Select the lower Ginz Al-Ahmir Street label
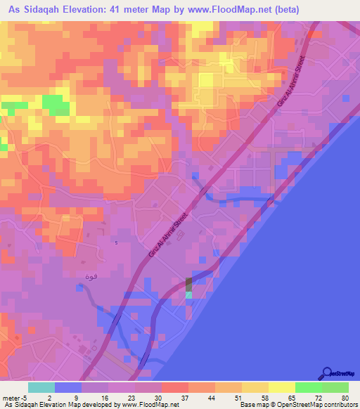pos(169,235)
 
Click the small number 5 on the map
pos(117,242)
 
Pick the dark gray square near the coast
pos(188,284)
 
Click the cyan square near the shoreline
pos(188,295)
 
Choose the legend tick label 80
pos(345,397)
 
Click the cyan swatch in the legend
pos(41,387)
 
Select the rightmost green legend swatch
pos(335,387)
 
